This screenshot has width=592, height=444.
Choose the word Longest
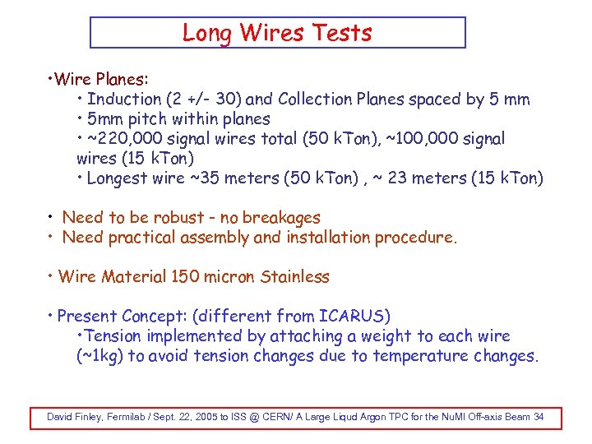coord(118,178)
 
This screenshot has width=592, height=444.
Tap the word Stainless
coord(294,277)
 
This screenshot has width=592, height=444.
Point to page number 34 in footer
coord(539,417)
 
